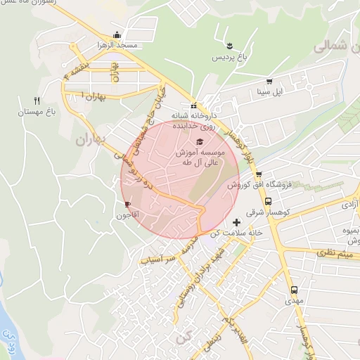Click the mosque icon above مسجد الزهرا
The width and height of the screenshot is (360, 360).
117,35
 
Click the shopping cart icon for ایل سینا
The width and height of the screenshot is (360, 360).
269,80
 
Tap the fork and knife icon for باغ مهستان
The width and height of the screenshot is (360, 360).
37,101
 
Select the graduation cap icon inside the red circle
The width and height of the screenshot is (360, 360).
189,141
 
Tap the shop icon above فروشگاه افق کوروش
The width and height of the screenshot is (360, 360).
258,174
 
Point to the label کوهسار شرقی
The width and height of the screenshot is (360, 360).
261,211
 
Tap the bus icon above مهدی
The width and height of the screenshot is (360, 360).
294,289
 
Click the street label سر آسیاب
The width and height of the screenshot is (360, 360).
157,259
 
